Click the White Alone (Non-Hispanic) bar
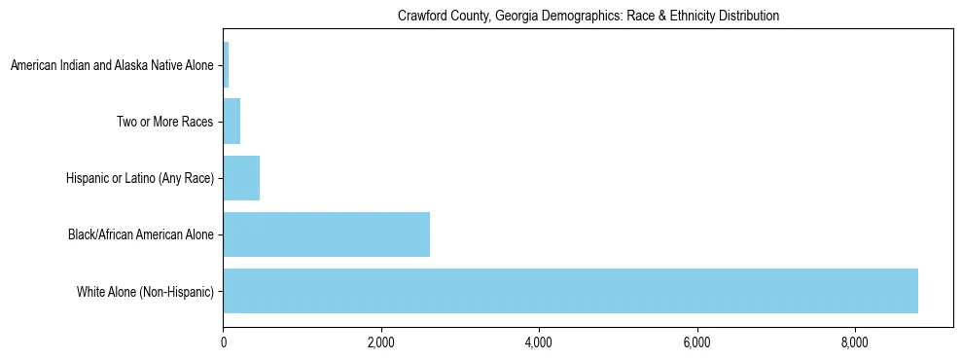(570, 291)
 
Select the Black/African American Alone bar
(326, 234)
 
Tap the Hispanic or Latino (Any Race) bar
(241, 178)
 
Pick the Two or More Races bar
(232, 122)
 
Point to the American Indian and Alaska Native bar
(226, 65)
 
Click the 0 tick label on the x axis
(223, 342)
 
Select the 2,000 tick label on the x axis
(381, 342)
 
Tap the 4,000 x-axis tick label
(539, 342)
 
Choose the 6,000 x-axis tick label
(696, 342)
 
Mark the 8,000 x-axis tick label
(855, 342)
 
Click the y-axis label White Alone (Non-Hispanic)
(145, 291)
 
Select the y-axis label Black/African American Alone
(141, 234)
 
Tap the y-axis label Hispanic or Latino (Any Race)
(140, 178)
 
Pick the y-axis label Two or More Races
(164, 122)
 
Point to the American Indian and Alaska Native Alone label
(112, 65)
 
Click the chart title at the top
(588, 16)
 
